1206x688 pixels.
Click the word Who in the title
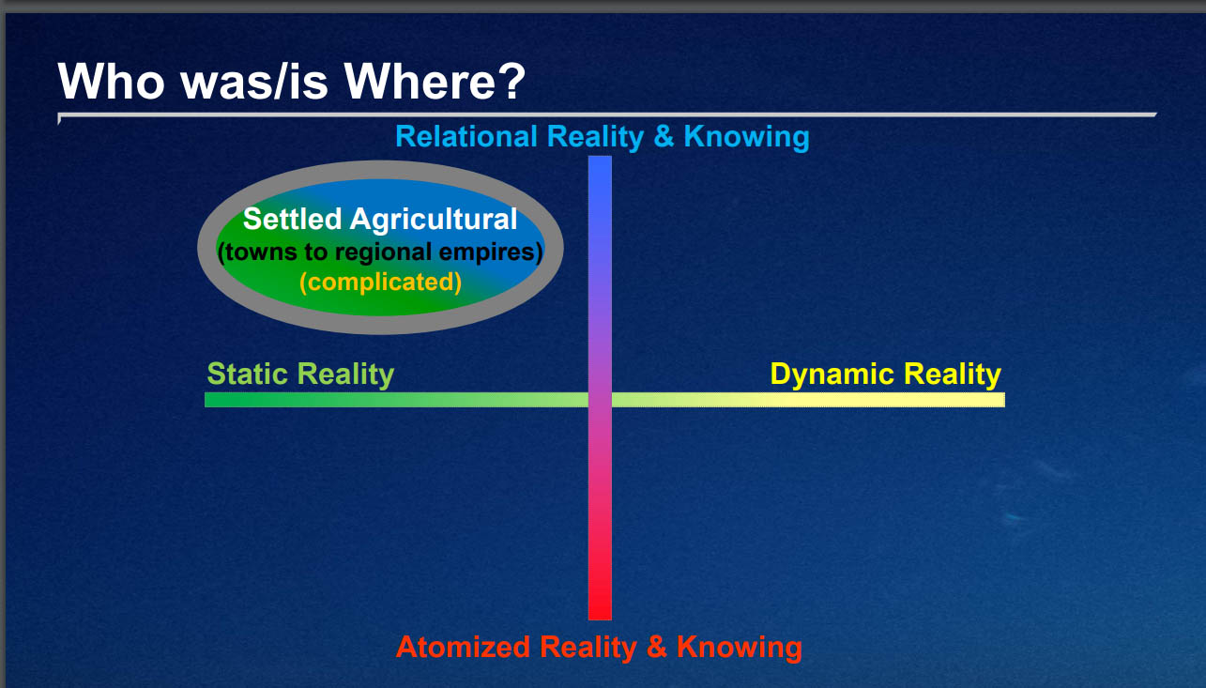[111, 82]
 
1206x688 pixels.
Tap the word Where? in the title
[435, 82]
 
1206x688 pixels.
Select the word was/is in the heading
[254, 82]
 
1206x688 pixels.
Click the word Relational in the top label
[466, 136]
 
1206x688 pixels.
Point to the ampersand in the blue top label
[664, 136]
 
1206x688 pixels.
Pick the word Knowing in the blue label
[746, 137]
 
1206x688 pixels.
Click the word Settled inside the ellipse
[292, 219]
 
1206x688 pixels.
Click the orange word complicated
[381, 282]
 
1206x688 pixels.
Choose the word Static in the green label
[247, 374]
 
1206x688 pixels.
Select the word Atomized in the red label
[464, 647]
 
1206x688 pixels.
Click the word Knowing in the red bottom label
[740, 647]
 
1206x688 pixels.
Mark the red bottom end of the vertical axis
[600, 619]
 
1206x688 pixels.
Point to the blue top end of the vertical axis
[600, 157]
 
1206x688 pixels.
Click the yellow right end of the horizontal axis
[1003, 400]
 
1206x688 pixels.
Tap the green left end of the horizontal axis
[206, 400]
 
